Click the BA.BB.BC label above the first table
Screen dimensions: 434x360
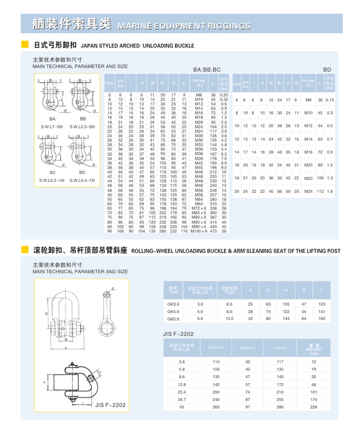point(206,69)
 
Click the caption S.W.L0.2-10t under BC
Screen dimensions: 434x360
point(52,180)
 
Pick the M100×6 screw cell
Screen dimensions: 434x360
point(199,231)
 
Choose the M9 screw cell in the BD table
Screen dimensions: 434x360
point(308,100)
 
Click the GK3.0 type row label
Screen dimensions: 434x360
point(173,304)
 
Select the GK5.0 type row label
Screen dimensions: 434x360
point(173,318)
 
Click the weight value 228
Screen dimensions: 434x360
point(314,407)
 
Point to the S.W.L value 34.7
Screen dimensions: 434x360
point(181,399)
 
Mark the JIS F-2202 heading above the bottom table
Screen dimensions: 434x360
point(178,334)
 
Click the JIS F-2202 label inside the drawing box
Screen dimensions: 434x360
point(111,405)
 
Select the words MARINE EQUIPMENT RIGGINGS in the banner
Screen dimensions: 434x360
point(184,26)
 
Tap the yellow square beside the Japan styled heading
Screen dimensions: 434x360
point(25,45)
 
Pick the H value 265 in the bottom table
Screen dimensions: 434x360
point(216,407)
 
